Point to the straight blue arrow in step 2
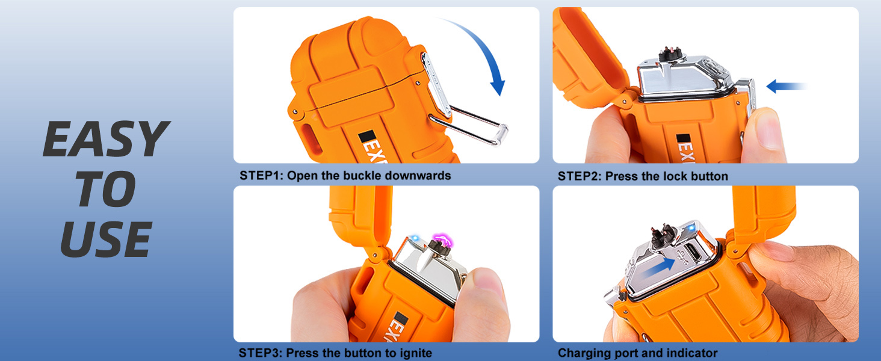pyautogui.click(x=785, y=87)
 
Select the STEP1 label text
pyautogui.click(x=261, y=176)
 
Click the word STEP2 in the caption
pyautogui.click(x=580, y=176)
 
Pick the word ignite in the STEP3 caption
pyautogui.click(x=415, y=353)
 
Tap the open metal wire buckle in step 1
pyautogui.click(x=469, y=123)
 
